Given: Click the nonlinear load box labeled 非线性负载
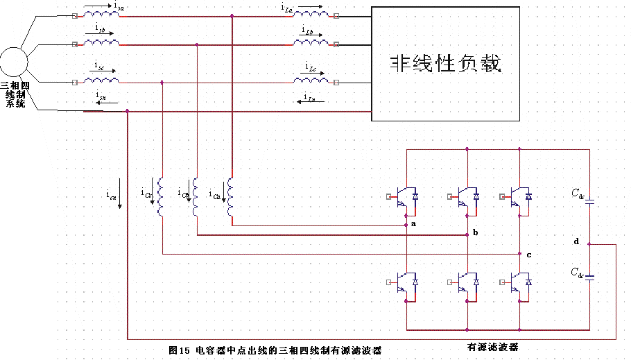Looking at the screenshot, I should (444, 64).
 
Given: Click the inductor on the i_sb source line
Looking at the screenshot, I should (101, 43).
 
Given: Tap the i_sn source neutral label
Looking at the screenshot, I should (101, 96).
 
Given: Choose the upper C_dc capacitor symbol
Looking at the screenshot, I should (589, 203).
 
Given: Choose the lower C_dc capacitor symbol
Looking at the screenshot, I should (589, 277).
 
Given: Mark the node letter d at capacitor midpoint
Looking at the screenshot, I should (576, 241).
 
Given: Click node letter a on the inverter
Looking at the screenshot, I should (413, 224).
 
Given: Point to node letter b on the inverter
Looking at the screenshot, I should (475, 232).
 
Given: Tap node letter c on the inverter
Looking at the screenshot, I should (528, 255).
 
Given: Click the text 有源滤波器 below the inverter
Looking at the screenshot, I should (493, 345).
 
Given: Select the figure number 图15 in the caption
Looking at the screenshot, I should (179, 351).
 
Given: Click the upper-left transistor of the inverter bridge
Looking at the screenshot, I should (403, 197).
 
